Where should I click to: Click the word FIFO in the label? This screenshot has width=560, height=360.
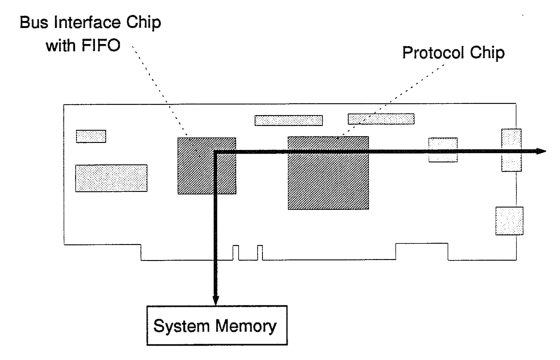(x=101, y=46)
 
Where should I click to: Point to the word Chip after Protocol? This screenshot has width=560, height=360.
(x=487, y=53)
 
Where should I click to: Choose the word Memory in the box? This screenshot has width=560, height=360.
(x=246, y=326)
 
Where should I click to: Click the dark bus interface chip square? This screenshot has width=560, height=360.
(x=207, y=166)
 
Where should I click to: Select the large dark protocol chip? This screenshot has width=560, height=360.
(x=328, y=173)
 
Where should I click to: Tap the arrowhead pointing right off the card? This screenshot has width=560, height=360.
(x=540, y=151)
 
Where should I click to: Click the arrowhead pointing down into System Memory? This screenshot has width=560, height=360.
(x=215, y=299)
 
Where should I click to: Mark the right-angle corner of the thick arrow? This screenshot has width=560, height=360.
(x=216, y=152)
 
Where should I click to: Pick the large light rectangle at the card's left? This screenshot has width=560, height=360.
(x=111, y=178)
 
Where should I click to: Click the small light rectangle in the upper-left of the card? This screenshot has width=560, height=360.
(x=91, y=136)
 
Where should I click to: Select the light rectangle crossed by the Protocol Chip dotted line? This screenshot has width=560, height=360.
(x=381, y=119)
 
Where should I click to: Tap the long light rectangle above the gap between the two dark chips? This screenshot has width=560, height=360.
(x=289, y=120)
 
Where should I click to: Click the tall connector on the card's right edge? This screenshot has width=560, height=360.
(x=511, y=150)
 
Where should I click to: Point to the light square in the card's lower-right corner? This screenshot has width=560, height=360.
(x=510, y=221)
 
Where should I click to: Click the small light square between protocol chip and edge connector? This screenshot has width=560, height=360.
(x=443, y=150)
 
